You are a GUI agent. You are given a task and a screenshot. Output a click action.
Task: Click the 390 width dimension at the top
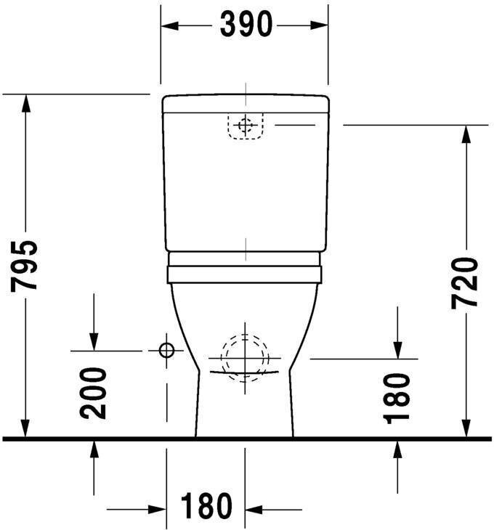coord(246,25)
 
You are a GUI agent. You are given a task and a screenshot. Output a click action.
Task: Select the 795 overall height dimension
coord(24,266)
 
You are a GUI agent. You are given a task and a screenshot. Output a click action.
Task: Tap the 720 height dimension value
coord(465,283)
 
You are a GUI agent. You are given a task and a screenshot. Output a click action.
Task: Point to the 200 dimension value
coord(93,394)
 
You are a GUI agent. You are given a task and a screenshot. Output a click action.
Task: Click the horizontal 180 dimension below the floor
coord(206,505)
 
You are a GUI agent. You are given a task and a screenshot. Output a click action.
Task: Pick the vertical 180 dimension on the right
coord(396,399)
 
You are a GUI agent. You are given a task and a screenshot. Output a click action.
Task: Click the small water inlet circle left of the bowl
coord(166,350)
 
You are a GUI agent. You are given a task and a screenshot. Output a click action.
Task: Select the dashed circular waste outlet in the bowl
coord(245,358)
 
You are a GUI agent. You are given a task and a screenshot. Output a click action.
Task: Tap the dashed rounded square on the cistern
coord(246,126)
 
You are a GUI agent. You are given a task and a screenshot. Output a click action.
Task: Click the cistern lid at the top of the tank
coord(246,104)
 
